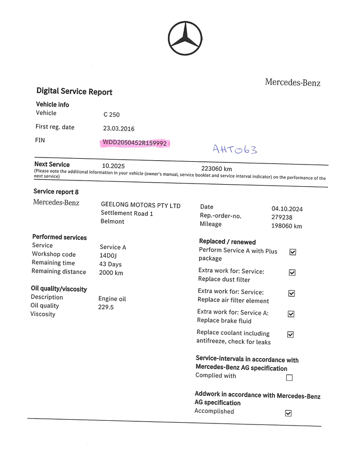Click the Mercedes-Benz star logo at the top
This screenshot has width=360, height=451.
185,38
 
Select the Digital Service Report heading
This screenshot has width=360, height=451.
74,91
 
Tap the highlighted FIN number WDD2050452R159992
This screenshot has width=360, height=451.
135,143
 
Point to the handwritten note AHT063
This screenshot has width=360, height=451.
234,149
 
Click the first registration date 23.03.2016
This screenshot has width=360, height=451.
118,128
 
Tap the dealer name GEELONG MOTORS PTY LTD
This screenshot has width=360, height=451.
141,205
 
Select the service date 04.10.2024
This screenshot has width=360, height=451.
287,209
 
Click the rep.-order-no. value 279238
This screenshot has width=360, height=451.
282,217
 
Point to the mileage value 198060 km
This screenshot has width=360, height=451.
287,226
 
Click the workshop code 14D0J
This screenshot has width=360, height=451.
108,255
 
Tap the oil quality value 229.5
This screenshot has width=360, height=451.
106,307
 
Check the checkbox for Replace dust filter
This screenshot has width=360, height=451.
292,273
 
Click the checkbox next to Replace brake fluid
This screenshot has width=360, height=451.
291,314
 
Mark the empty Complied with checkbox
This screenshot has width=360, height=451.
289,378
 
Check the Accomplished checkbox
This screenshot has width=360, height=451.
288,413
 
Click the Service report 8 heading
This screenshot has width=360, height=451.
56,192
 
